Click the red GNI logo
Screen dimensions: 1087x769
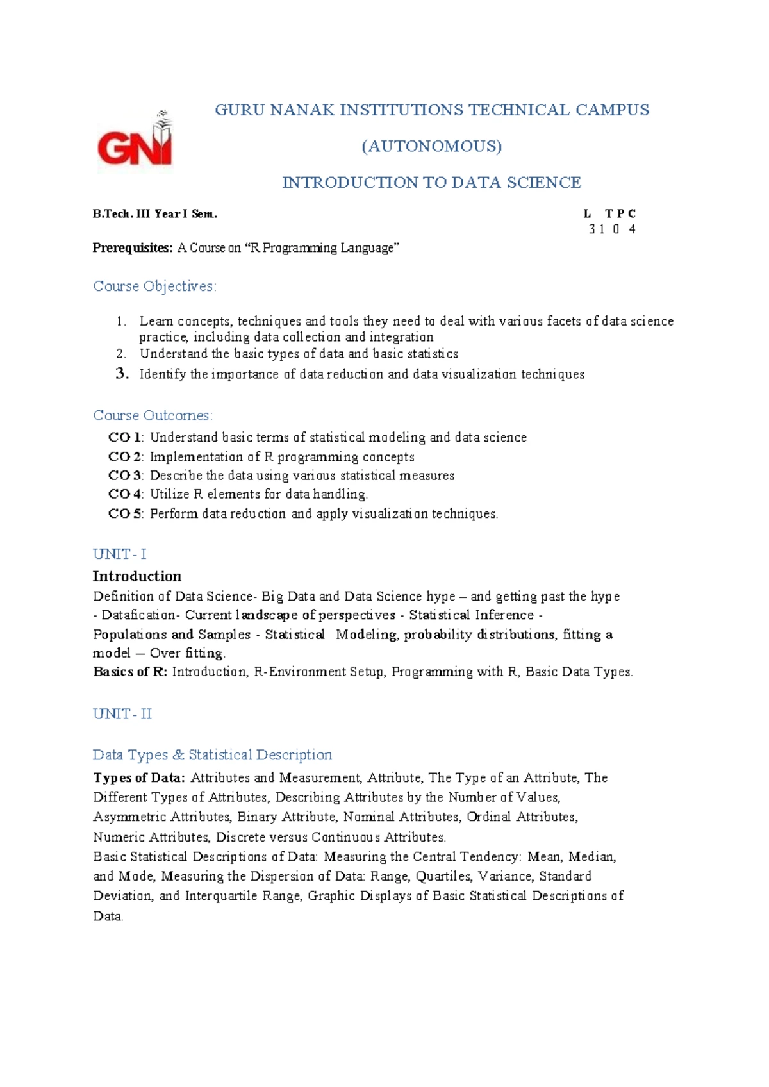click(x=135, y=141)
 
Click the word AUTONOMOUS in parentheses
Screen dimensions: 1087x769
click(x=432, y=146)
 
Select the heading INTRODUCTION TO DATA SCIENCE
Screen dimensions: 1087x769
click(x=431, y=183)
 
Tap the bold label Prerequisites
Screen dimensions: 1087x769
click(x=132, y=248)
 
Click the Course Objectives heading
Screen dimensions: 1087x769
click(x=154, y=286)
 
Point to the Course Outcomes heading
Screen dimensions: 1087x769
click(x=153, y=415)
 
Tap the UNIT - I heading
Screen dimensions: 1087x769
click(x=120, y=554)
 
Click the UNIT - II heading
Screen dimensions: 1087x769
click(x=122, y=714)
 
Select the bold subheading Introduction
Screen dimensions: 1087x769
click(x=137, y=576)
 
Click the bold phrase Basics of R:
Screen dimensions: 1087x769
click(x=130, y=672)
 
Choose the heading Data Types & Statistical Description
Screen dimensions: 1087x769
click(x=212, y=755)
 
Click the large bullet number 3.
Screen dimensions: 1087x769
click(x=122, y=374)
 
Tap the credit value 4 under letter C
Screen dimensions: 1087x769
click(x=632, y=229)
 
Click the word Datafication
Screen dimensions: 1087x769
click(x=138, y=615)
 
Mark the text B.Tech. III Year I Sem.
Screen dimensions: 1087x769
click(x=155, y=214)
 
